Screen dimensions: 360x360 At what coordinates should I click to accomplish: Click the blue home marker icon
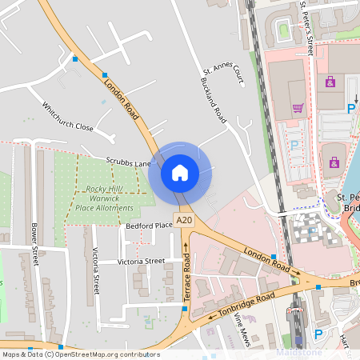tap(180, 172)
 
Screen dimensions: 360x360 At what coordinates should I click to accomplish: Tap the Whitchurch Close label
tap(68, 117)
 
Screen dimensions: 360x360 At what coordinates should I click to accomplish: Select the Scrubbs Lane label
tap(129, 163)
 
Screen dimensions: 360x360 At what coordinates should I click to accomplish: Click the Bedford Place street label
tap(149, 226)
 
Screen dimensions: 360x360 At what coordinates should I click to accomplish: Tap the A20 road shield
tap(185, 220)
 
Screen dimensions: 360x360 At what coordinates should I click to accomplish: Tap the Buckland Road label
tap(214, 99)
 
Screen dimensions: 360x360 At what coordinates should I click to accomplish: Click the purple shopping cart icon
tap(298, 108)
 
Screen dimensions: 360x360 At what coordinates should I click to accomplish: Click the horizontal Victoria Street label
tap(141, 262)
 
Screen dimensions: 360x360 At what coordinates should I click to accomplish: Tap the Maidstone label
tap(298, 352)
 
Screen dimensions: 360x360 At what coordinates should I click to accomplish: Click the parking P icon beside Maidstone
tap(318, 334)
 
